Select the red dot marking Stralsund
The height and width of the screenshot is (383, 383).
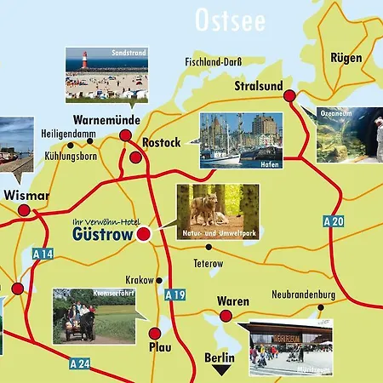[289, 95]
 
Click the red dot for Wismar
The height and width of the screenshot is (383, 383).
[24, 209]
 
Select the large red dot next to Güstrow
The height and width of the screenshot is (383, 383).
[143, 233]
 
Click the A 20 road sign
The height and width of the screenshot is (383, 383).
[335, 221]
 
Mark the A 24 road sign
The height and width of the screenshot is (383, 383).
[79, 363]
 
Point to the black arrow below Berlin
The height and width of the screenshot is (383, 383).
[221, 370]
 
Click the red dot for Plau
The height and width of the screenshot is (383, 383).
[154, 334]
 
